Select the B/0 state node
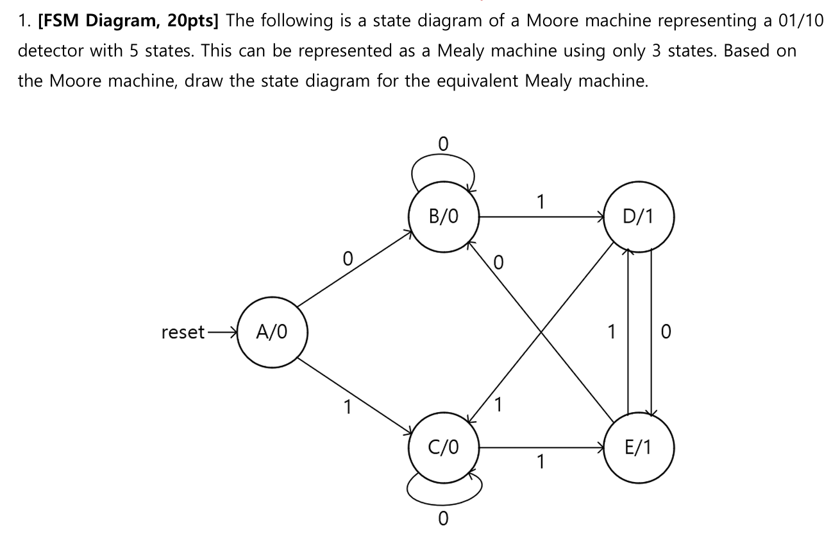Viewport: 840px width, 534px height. pyautogui.click(x=444, y=216)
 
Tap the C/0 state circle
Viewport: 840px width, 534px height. pyautogui.click(x=444, y=447)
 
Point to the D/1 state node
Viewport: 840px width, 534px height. pyautogui.click(x=639, y=216)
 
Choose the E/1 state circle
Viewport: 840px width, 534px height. pyautogui.click(x=639, y=447)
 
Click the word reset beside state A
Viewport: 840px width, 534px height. pyautogui.click(x=183, y=332)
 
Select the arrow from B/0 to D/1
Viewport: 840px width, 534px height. pyautogui.click(x=542, y=217)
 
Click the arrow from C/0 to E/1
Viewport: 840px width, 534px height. pyautogui.click(x=542, y=447)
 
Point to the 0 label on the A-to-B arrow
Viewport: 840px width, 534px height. pyautogui.click(x=347, y=259)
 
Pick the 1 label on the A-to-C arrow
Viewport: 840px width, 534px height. pyautogui.click(x=347, y=408)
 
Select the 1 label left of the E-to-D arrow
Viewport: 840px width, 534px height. pyautogui.click(x=612, y=332)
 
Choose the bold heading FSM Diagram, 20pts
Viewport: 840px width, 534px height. pyautogui.click(x=128, y=21)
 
